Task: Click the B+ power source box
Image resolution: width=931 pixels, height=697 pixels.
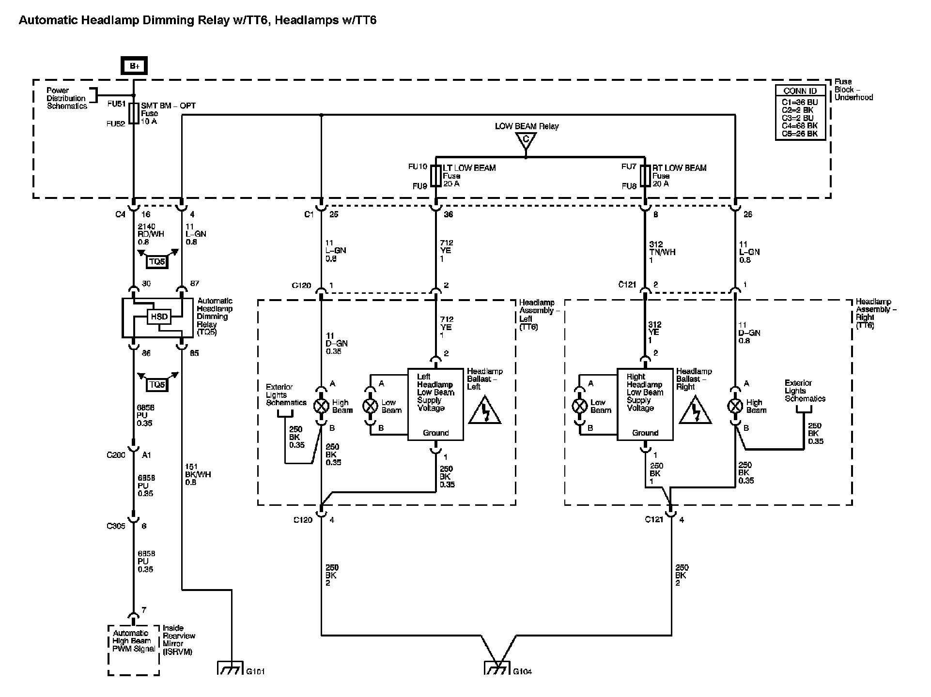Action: tap(134, 66)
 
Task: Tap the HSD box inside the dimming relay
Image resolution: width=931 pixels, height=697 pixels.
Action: tap(159, 317)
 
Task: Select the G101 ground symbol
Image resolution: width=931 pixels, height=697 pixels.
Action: tap(230, 668)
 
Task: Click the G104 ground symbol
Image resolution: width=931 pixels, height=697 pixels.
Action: tap(497, 668)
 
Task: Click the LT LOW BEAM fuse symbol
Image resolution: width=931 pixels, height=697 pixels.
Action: tap(436, 176)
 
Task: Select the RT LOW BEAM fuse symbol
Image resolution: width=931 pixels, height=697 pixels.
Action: tap(645, 176)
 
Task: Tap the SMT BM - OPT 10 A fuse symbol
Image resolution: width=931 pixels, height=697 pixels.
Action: tap(134, 113)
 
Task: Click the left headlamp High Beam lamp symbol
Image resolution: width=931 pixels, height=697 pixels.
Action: tap(321, 406)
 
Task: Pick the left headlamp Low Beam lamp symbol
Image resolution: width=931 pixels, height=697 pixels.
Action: tap(371, 406)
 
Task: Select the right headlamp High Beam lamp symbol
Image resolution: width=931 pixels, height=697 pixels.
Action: tap(735, 406)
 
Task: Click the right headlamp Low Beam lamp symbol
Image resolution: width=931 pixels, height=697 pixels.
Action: tap(580, 406)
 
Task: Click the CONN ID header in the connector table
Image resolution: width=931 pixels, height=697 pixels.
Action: tap(800, 91)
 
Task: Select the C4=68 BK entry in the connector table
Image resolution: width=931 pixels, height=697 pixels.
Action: tap(800, 126)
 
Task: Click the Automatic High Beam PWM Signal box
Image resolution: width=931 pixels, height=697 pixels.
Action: tap(133, 650)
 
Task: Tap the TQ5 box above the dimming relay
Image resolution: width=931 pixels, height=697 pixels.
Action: tap(157, 262)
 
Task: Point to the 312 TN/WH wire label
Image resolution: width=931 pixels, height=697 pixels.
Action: tap(662, 252)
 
